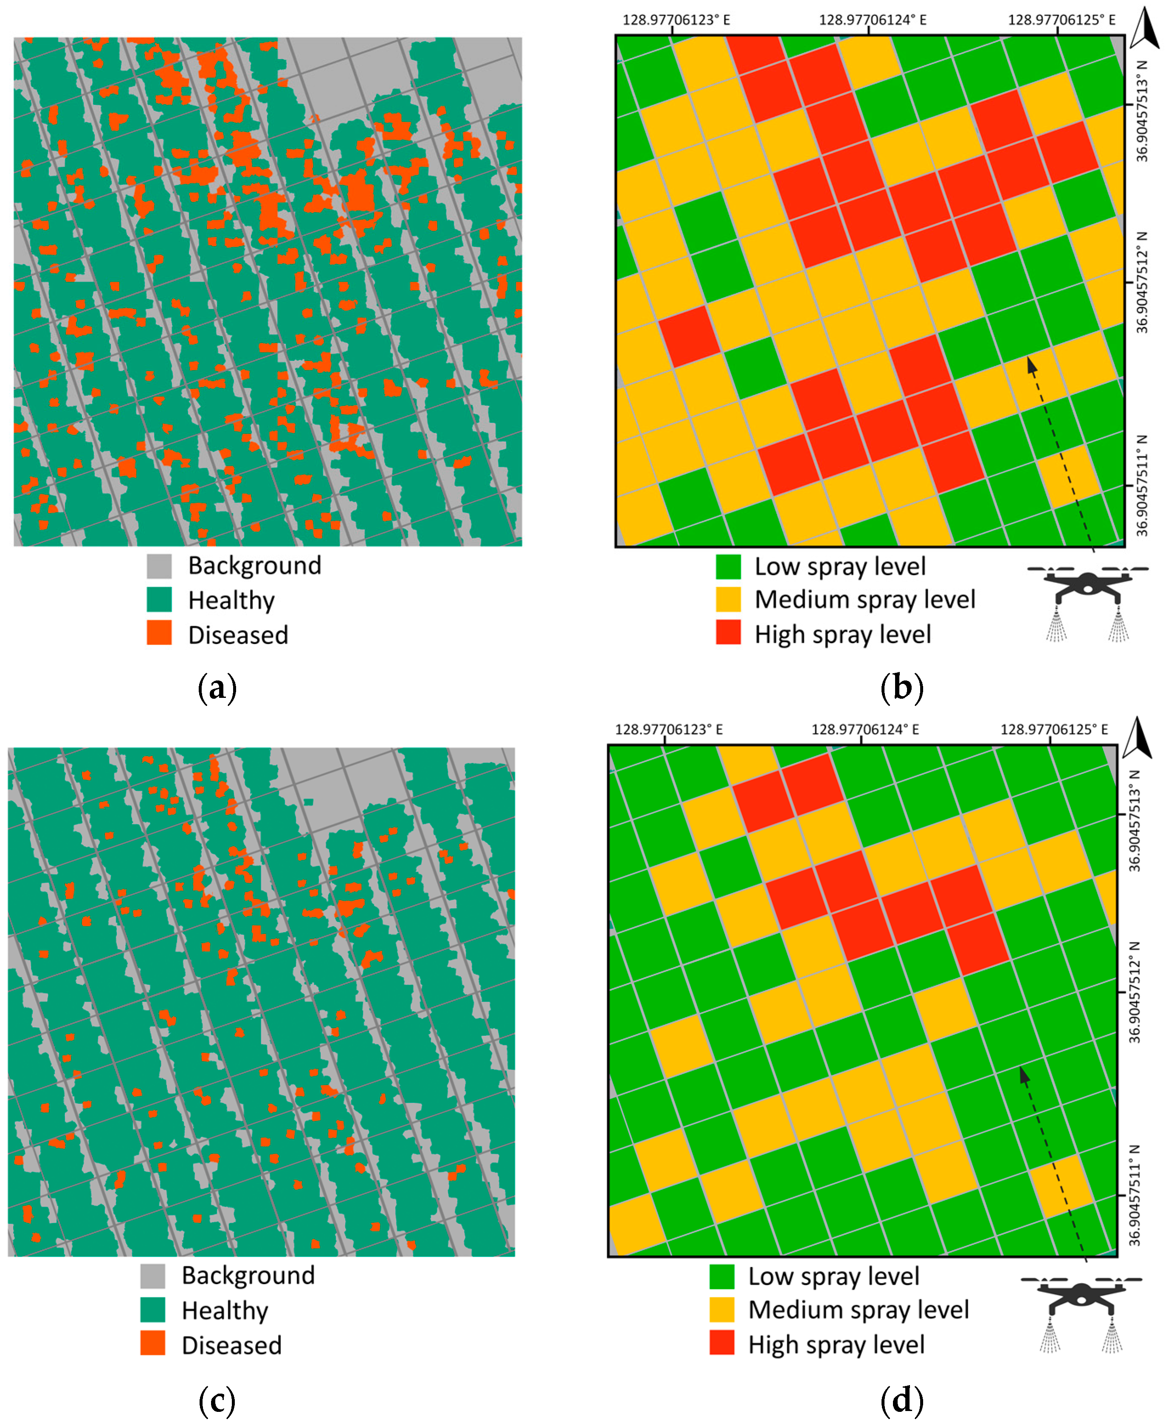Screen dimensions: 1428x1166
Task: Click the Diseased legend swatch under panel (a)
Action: click(x=159, y=632)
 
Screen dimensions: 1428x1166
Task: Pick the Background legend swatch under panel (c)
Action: click(x=152, y=1276)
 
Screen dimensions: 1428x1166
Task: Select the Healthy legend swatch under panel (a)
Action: click(x=159, y=599)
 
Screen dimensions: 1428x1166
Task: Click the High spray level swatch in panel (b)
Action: click(x=728, y=632)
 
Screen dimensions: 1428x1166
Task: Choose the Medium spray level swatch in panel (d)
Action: click(x=722, y=1309)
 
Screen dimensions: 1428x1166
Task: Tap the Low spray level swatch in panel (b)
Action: click(x=728, y=566)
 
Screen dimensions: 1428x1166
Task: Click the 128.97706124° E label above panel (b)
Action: click(x=872, y=20)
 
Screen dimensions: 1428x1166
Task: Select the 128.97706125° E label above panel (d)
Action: click(x=1054, y=730)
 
